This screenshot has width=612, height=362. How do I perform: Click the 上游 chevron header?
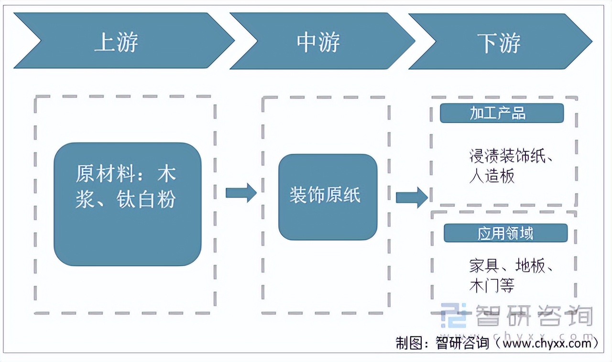(x=117, y=42)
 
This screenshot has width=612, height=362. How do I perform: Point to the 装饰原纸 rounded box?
(x=328, y=197)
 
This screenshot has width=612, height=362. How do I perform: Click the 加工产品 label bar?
(x=501, y=113)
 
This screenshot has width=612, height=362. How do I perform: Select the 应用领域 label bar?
(x=505, y=233)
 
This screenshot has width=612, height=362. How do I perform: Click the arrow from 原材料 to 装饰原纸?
(x=240, y=193)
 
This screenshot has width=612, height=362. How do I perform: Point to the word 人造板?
(x=492, y=177)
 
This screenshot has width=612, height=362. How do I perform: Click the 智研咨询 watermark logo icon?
(x=453, y=315)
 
